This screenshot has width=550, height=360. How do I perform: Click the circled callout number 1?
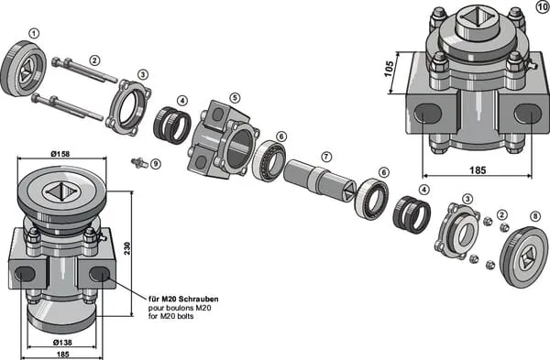(34, 34)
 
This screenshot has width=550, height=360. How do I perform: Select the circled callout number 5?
(235, 98)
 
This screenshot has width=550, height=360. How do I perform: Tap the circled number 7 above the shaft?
(326, 157)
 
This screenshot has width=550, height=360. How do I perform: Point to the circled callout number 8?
(535, 216)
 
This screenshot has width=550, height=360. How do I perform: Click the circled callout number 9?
(156, 164)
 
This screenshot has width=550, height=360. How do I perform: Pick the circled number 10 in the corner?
(543, 6)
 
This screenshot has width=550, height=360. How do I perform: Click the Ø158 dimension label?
(60, 154)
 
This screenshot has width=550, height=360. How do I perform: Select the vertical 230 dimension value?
(127, 248)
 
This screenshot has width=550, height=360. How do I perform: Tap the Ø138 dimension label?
(62, 342)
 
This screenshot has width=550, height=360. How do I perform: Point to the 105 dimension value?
(389, 69)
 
